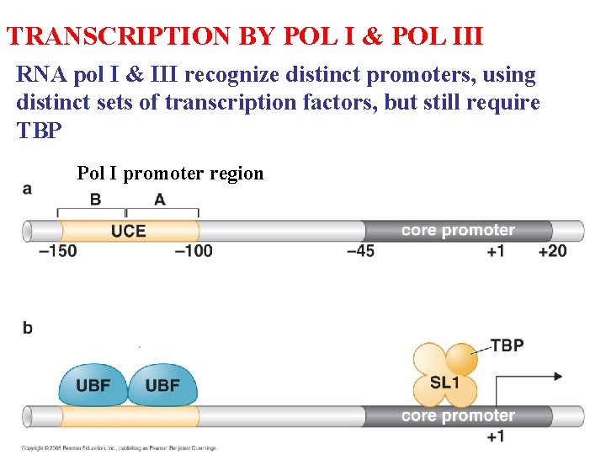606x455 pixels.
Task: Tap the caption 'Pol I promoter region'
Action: [x=170, y=174]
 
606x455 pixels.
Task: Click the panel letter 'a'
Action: [x=28, y=189]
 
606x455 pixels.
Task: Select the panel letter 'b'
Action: [x=28, y=327]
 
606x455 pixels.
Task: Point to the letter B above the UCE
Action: [x=95, y=199]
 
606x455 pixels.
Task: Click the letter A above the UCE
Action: [x=159, y=199]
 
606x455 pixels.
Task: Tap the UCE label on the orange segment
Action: [x=128, y=230]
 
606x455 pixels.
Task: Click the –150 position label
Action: [x=57, y=250]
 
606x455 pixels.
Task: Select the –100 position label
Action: [x=194, y=250]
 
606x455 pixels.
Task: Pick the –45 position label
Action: [x=360, y=250]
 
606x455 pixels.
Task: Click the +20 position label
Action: [x=552, y=250]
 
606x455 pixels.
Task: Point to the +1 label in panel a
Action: [x=495, y=250]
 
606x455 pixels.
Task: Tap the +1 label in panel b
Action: [x=496, y=436]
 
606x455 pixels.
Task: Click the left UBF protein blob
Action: [x=93, y=385]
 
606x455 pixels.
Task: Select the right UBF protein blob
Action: [x=162, y=385]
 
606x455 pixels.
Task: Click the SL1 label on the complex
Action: [x=444, y=382]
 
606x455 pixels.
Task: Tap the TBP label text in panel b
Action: [x=507, y=345]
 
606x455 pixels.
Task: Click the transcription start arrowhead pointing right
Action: [x=557, y=377]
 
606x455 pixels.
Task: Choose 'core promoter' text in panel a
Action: [x=458, y=230]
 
